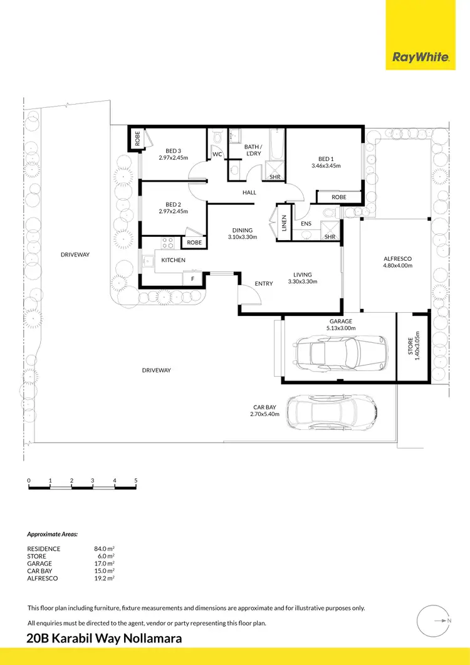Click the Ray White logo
pyautogui.click(x=420, y=58)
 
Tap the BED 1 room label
pyautogui.click(x=325, y=159)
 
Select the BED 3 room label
pyautogui.click(x=173, y=150)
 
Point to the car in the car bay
pyautogui.click(x=331, y=413)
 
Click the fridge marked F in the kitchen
pyautogui.click(x=192, y=277)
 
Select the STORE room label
pyautogui.click(x=411, y=347)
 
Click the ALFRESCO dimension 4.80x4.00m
pyautogui.click(x=397, y=265)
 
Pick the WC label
pyautogui.click(x=217, y=154)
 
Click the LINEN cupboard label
pyautogui.click(x=284, y=222)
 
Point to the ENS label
pyautogui.click(x=306, y=223)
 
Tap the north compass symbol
pyautogui.click(x=434, y=621)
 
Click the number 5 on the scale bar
pyautogui.click(x=136, y=481)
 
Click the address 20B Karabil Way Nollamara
pyautogui.click(x=105, y=639)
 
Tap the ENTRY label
pyautogui.click(x=264, y=284)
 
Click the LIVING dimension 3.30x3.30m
pyautogui.click(x=303, y=282)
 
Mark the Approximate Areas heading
pyautogui.click(x=53, y=535)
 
